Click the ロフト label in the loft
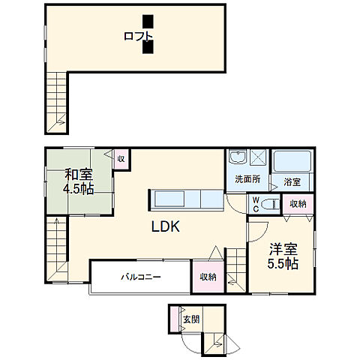(139, 36)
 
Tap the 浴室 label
(292, 182)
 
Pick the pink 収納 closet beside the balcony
(208, 277)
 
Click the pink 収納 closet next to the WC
(298, 204)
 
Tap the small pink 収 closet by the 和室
(120, 158)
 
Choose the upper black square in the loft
(148, 21)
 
